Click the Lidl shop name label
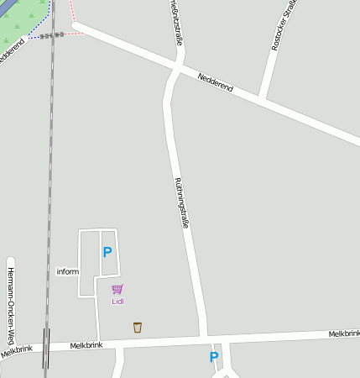[117, 301]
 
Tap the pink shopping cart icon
[117, 290]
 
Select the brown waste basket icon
[138, 328]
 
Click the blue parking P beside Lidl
[107, 252]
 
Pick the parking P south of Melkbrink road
[214, 357]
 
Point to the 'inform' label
[67, 271]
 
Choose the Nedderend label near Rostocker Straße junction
[215, 82]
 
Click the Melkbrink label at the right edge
[343, 333]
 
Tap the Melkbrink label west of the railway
[17, 350]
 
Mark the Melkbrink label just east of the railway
[86, 345]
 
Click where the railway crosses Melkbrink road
[46, 347]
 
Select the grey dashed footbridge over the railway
[50, 36]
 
